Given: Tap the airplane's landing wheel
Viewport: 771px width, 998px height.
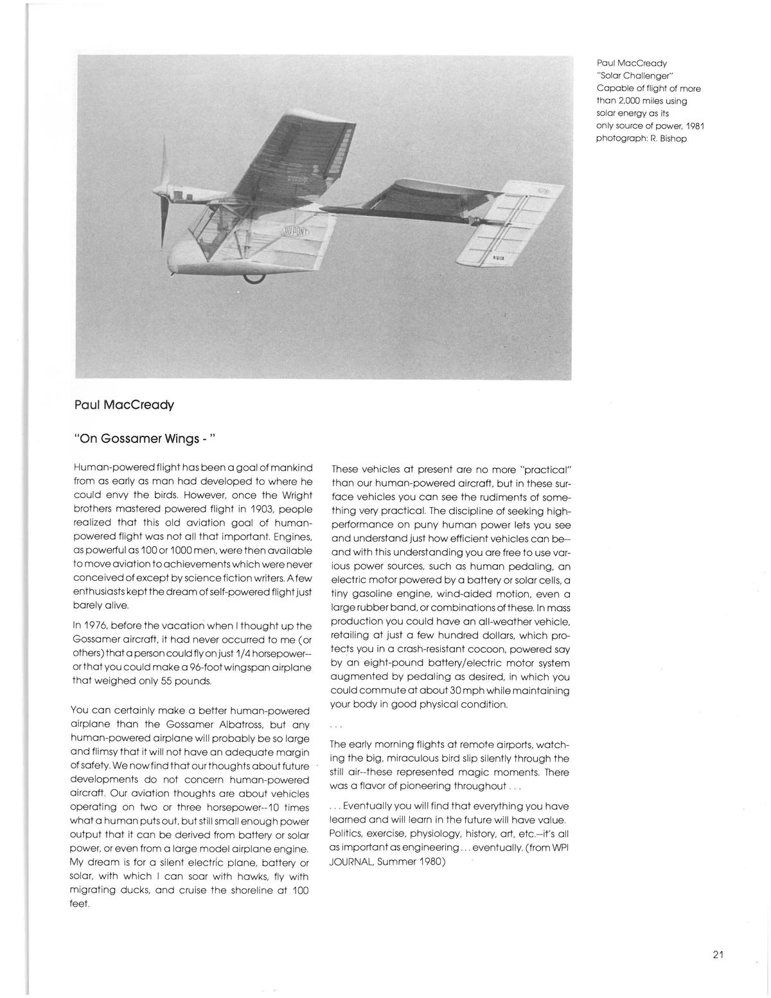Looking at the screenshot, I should click(x=254, y=277).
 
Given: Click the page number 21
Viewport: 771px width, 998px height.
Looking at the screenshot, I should click(x=718, y=954).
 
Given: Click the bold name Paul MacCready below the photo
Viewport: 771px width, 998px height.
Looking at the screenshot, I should click(x=124, y=405).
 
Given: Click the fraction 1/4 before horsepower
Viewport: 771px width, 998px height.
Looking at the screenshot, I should click(x=241, y=653).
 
